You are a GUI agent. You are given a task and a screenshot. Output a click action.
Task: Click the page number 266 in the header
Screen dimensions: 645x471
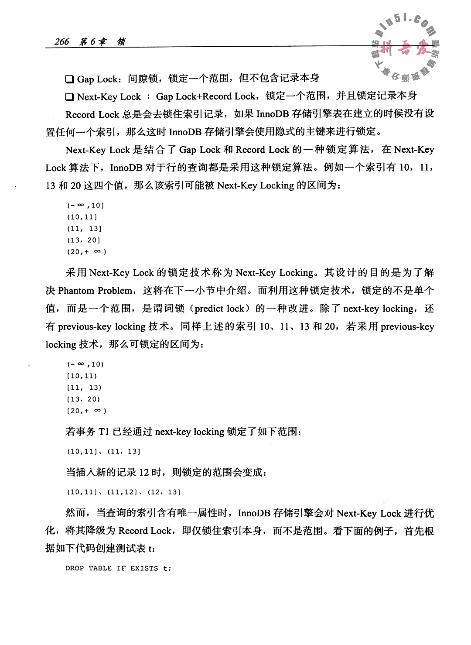62,41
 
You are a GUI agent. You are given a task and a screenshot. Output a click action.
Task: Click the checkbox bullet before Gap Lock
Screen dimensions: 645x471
69,79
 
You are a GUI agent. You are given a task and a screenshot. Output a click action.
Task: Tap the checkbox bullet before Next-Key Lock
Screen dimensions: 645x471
69,97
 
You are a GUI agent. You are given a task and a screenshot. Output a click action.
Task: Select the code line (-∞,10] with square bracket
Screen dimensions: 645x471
85,205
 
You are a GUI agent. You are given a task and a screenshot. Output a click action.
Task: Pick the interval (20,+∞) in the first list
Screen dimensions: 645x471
87,252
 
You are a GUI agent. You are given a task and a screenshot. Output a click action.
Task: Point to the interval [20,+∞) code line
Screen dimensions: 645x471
87,411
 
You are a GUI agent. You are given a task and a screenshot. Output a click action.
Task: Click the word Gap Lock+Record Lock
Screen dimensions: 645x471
205,97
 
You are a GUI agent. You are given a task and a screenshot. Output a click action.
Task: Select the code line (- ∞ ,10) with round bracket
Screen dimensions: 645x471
85,364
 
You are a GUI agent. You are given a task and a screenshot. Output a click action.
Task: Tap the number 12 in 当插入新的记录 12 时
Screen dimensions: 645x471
145,472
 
